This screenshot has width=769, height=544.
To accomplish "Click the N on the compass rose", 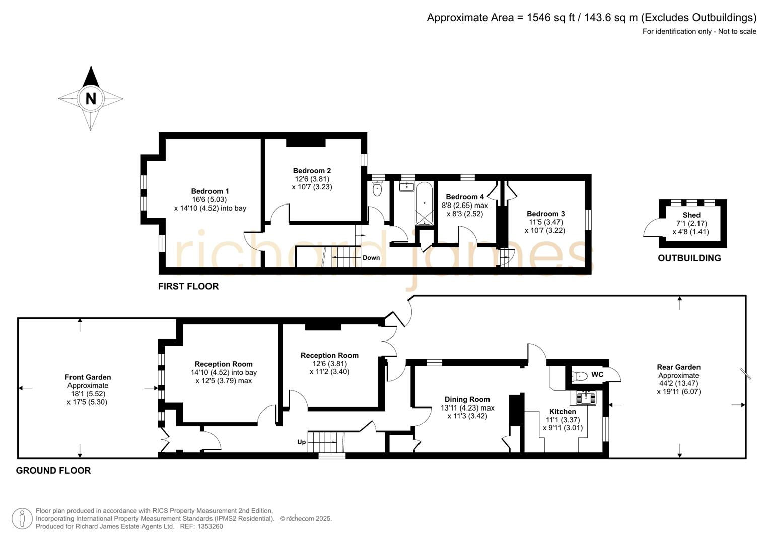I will point(91,98).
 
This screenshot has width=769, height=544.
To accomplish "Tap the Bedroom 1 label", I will point(210,191).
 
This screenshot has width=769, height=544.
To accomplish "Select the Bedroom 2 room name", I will point(312,171).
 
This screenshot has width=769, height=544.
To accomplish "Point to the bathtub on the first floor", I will point(424,203).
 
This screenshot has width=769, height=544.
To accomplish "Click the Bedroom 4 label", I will point(464,197).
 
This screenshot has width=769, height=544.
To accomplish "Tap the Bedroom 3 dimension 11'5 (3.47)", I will point(546,222).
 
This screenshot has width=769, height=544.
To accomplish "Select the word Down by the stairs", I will point(371,258).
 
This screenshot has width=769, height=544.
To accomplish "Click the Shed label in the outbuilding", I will point(691,215).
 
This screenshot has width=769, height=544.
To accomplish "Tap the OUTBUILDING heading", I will point(689,258).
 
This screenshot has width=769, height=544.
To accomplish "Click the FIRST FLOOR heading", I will point(188,287).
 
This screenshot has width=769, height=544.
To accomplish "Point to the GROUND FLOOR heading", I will point(53,471).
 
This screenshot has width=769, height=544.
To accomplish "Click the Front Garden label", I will point(88,377).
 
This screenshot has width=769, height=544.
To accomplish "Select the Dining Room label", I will point(467,399).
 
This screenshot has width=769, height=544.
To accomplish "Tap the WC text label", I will point(597,375).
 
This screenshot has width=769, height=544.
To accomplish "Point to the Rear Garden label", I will point(678,367).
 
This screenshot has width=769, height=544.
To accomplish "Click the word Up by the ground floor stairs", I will point(301,442).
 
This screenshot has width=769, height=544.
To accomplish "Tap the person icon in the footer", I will point(22,519).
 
